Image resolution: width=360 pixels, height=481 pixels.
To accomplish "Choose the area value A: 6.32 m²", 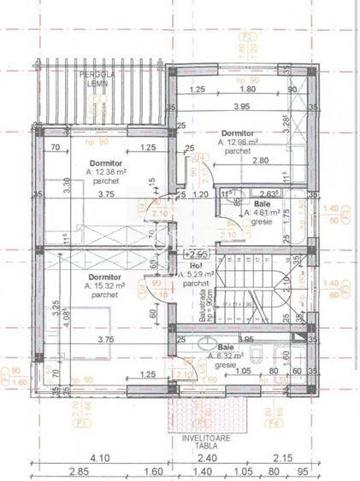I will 237,355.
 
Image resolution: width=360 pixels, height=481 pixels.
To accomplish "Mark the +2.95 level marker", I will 198,254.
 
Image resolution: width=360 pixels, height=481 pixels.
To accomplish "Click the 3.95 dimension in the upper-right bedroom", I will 242,107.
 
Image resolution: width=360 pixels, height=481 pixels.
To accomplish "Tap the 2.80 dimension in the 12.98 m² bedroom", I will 236,161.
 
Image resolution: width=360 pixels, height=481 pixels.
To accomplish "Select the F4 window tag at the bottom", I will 275,397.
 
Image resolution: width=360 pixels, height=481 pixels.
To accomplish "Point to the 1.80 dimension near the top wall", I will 248,89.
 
